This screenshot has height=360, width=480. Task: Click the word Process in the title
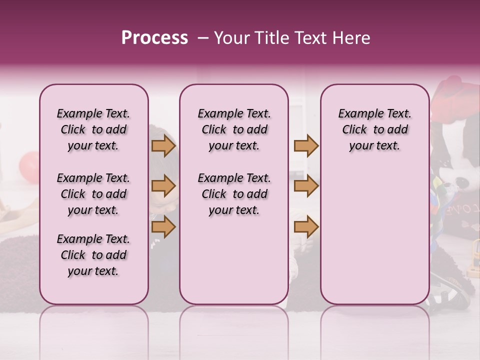[x=154, y=38]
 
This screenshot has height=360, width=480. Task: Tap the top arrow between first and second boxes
[x=163, y=146]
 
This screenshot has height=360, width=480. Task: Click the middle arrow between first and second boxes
[x=163, y=186]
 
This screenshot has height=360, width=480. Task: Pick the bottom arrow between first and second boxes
[x=163, y=227]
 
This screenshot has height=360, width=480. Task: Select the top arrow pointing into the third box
[x=306, y=146]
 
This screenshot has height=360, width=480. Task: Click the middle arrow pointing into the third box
[x=306, y=186]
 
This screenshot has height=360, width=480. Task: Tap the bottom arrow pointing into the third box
[x=306, y=227]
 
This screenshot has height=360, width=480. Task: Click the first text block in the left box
[x=93, y=129]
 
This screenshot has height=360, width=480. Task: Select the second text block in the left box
[x=93, y=194]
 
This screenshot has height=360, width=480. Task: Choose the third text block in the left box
[x=93, y=255]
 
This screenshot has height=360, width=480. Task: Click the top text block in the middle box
[x=234, y=129]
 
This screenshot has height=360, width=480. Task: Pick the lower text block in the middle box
[x=234, y=194]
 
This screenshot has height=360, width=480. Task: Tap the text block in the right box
[x=374, y=129]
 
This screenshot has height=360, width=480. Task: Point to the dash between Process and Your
[x=202, y=38]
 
